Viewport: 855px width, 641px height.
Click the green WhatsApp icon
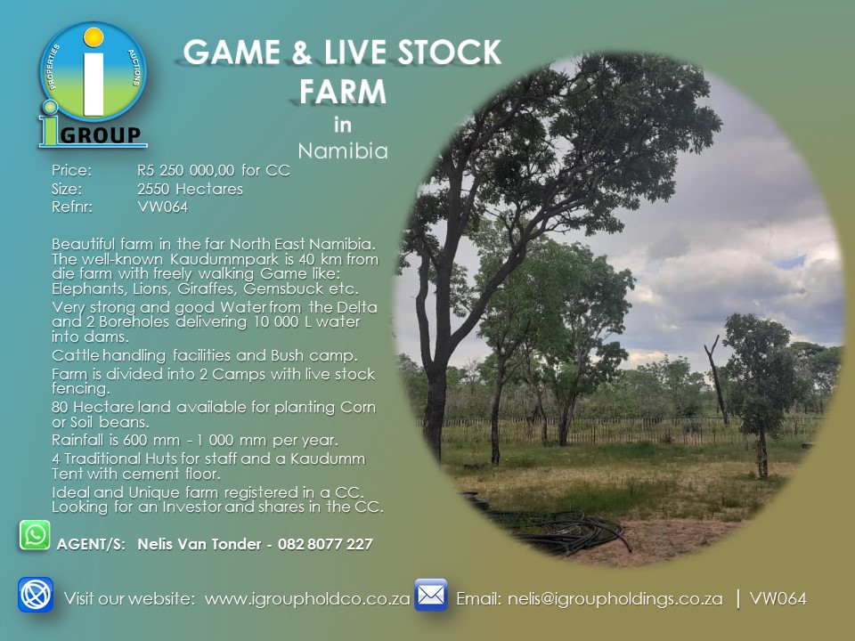(x=35, y=535)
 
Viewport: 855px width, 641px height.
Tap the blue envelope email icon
(x=431, y=595)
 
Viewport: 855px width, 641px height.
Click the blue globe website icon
(x=36, y=595)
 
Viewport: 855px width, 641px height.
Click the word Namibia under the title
(x=343, y=150)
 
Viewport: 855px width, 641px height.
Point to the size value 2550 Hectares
(x=190, y=189)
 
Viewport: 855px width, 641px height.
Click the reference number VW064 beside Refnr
(x=162, y=207)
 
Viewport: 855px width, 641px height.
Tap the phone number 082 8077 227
(x=326, y=544)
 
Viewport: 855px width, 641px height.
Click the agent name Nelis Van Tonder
(x=199, y=544)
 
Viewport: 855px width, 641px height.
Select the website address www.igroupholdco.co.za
(x=307, y=598)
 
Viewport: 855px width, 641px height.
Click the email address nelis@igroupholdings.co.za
(x=615, y=598)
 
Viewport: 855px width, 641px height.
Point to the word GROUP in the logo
(x=100, y=134)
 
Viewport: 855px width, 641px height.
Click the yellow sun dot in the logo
(x=94, y=37)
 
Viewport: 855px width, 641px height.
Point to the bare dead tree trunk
(x=715, y=382)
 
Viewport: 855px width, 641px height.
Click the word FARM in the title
(x=343, y=91)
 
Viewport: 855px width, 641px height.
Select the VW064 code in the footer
(x=778, y=598)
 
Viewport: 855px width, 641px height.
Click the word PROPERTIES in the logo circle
(x=53, y=67)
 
